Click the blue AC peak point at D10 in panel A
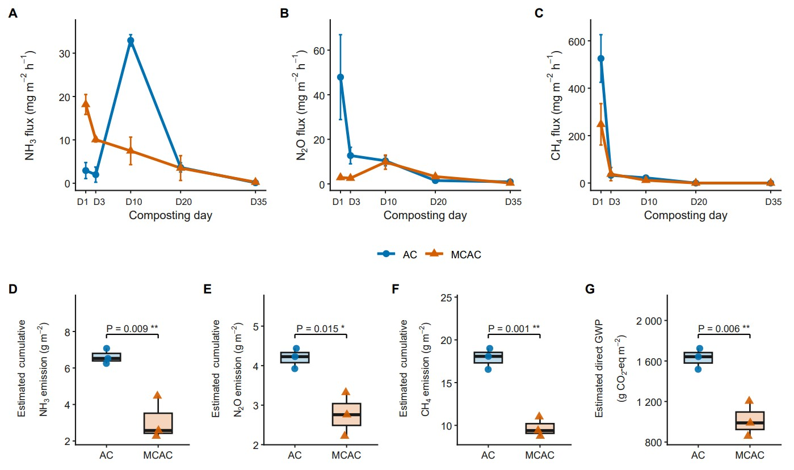pos(131,41)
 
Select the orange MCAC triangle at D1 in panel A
pos(86,103)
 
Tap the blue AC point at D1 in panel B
pos(341,77)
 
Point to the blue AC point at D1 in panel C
pos(601,58)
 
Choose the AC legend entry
pos(398,254)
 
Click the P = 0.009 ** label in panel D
pos(132,329)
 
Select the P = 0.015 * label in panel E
pos(321,329)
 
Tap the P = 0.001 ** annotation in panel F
pos(514,329)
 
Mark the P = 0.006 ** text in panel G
pos(724,329)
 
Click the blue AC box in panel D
pos(106,357)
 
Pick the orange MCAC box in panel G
pos(750,421)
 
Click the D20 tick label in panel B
pos(438,202)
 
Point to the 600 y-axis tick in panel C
pos(577,41)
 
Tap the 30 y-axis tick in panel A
pos(65,53)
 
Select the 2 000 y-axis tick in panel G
pos(649,321)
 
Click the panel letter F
pos(396,289)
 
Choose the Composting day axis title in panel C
pos(686,215)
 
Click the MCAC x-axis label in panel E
pos(346,455)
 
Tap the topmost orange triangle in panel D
pos(157,395)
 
